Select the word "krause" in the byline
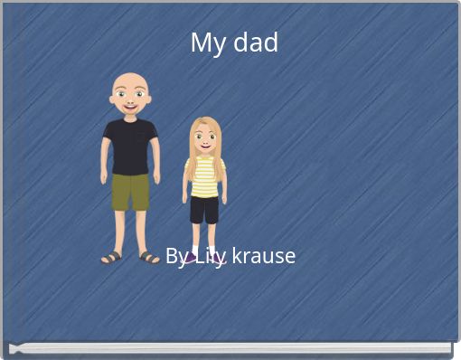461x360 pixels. coord(263,256)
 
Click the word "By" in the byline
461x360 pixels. coord(175,256)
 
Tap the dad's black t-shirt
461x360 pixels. coord(130,145)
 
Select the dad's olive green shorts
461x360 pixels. coord(130,191)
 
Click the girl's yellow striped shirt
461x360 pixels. coord(205,176)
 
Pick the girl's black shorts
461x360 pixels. coord(204,209)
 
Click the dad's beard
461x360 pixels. coord(130,111)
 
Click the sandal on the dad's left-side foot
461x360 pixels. coord(112,257)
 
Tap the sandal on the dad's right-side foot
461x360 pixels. coord(149,257)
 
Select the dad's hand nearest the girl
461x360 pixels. coord(156,177)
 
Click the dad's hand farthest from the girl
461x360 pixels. coord(104,177)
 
